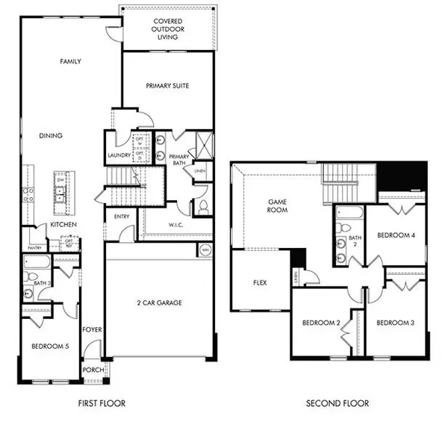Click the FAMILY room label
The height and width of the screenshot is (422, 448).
(70, 62)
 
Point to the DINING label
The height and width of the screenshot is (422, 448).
(51, 135)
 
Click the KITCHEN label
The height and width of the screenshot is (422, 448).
(64, 225)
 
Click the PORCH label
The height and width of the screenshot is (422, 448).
(93, 370)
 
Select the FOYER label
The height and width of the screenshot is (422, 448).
(93, 329)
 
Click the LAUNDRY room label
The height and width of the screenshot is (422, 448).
(119, 155)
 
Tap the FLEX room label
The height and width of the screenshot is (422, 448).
(260, 283)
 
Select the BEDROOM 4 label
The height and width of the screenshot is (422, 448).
(396, 235)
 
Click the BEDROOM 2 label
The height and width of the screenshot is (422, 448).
(321, 323)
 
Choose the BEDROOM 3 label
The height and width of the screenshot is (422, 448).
(395, 323)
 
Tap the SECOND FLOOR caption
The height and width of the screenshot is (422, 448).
(337, 403)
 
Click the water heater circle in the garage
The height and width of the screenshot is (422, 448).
(206, 250)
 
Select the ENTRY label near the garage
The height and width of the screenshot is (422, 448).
(122, 217)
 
